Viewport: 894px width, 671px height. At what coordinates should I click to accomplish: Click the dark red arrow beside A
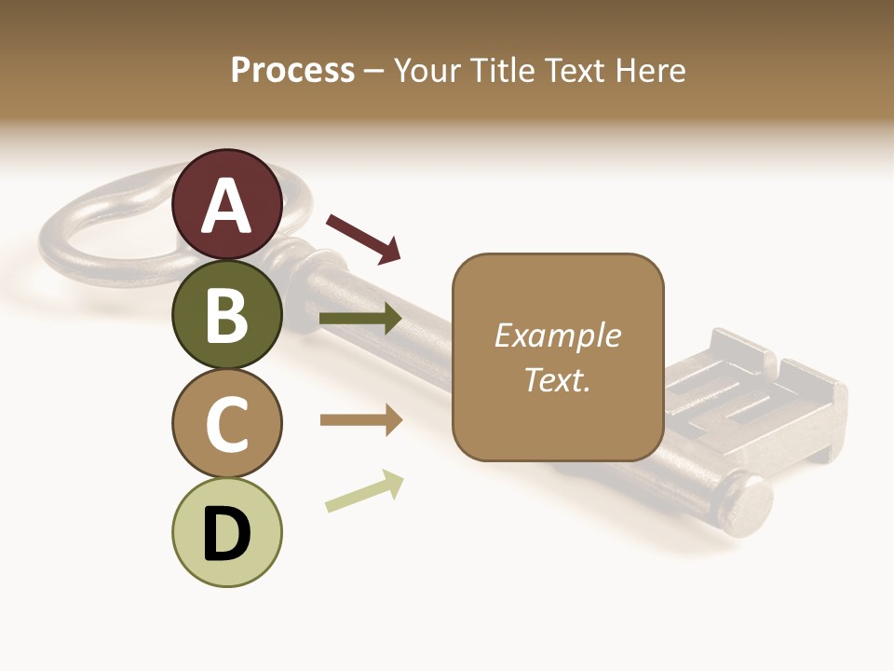363,237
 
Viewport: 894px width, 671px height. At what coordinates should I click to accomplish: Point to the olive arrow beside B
360,319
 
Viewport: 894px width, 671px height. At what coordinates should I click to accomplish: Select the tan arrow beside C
360,420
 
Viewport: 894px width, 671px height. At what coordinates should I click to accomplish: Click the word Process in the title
292,71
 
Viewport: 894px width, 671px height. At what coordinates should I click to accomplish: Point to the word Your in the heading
429,71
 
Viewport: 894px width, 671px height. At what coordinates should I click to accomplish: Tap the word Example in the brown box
557,335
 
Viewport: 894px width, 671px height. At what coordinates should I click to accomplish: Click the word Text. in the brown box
557,380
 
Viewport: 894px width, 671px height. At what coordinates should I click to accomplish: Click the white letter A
227,206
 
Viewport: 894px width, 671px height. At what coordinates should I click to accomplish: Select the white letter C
227,424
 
